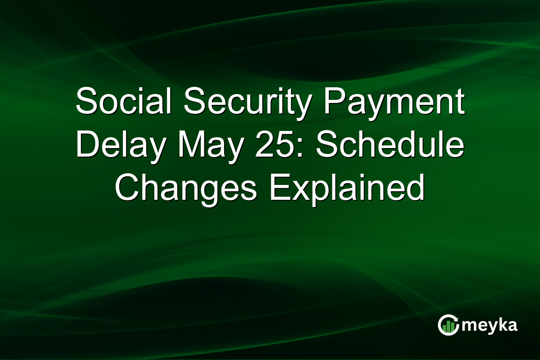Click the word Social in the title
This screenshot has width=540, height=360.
pos(123,101)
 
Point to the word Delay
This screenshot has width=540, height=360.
pos(121,147)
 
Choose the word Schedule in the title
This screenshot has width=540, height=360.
pos(390,144)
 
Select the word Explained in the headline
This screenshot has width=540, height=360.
pos(347,191)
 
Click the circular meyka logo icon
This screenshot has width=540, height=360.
pos(448,325)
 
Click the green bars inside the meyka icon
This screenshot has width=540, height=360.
pos(448,326)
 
